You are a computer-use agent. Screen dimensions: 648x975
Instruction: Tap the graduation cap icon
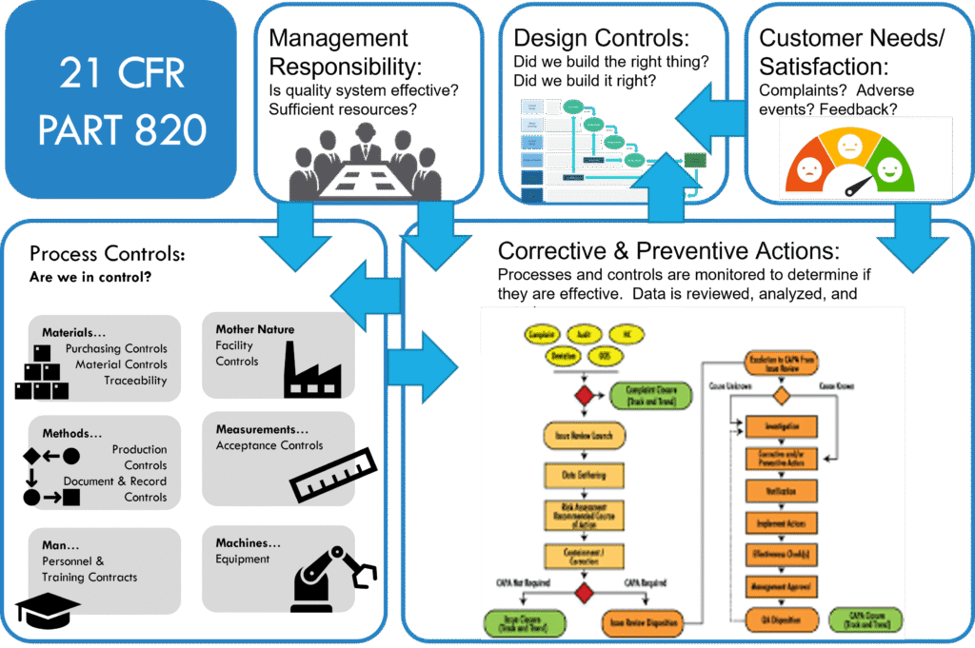coord(48,610)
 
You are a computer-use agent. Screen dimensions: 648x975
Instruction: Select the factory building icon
coord(313,370)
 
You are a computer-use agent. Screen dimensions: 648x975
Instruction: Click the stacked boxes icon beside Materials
coord(41,374)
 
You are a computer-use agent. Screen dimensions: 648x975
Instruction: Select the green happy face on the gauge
coord(888,170)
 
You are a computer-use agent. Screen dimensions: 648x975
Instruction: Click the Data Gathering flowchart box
coord(584,474)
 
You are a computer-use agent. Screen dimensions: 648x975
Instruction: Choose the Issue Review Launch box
coord(584,437)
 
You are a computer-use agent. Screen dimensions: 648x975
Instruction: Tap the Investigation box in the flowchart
coord(782,426)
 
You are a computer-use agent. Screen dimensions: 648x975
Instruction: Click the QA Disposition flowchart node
coord(782,619)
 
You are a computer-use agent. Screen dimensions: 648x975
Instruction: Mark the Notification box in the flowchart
coord(782,491)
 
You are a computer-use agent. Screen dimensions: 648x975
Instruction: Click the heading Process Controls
coord(107,254)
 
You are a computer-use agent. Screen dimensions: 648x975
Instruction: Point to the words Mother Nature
coord(254,329)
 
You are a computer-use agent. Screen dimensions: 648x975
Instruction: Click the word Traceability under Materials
coord(135,381)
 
